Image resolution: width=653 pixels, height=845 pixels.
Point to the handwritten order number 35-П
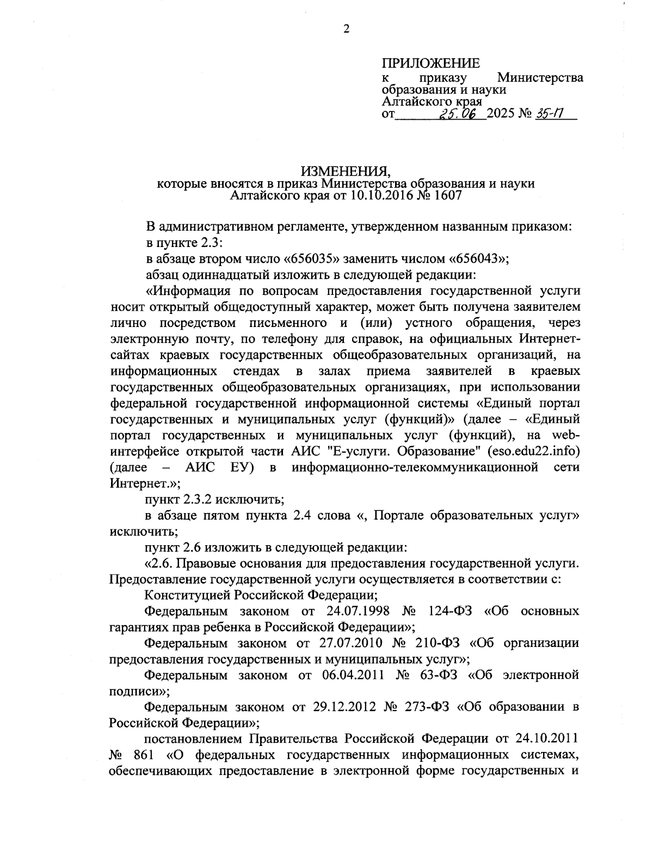coord(549,114)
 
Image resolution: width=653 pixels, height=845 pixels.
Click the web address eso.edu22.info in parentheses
coord(533,451)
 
